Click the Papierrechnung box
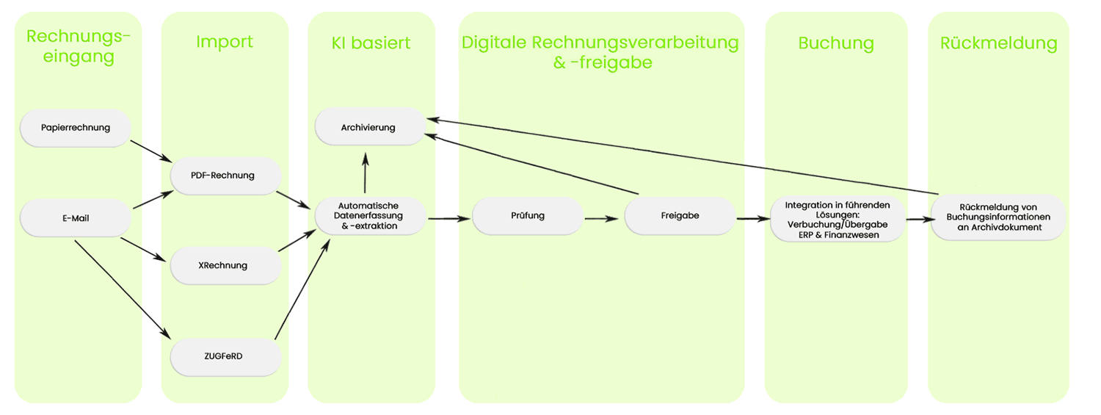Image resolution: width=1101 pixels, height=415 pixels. (x=76, y=128)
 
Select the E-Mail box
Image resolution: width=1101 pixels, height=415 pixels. (x=76, y=218)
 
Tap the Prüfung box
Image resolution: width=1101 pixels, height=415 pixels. (x=528, y=216)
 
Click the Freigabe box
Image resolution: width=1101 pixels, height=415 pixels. (x=680, y=216)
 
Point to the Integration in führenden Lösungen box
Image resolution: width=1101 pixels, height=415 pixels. (x=837, y=219)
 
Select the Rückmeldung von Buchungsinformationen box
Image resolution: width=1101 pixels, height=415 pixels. (x=998, y=217)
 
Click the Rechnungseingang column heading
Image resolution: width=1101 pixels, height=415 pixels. (x=78, y=46)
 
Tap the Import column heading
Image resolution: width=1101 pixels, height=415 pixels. (x=225, y=42)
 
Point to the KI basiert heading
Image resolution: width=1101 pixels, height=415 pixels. (x=371, y=43)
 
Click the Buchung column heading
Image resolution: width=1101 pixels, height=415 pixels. (x=836, y=43)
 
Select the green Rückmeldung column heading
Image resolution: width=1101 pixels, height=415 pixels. (x=998, y=43)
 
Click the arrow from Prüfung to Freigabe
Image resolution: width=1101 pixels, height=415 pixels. (x=603, y=218)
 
